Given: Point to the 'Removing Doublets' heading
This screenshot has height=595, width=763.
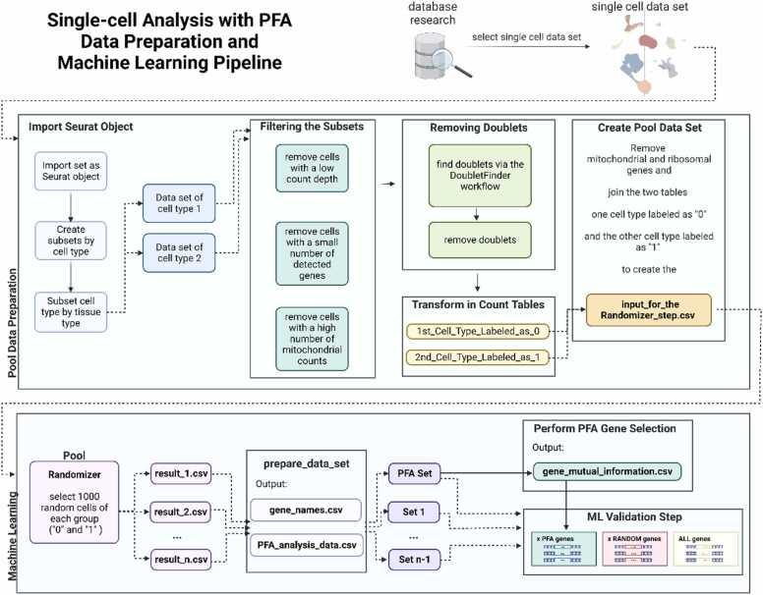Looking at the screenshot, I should pyautogui.click(x=475, y=127).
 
